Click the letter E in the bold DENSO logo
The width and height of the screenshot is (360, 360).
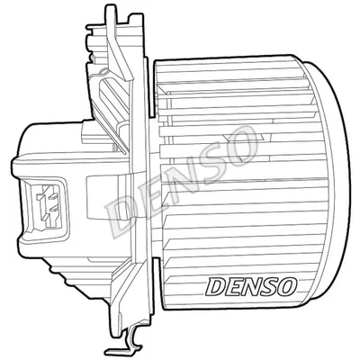(x=234, y=286)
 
